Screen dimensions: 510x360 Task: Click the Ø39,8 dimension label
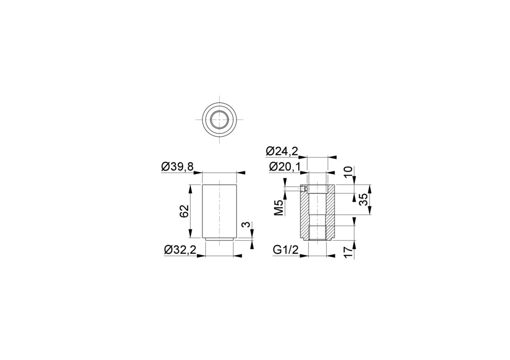click(x=177, y=167)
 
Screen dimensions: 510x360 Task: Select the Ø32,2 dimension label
click(x=180, y=250)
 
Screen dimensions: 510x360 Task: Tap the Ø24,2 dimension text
click(x=282, y=151)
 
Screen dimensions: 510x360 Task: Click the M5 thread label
click(x=279, y=208)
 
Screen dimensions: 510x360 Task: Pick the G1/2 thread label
click(x=286, y=250)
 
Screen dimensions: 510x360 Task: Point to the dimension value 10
click(x=348, y=172)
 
